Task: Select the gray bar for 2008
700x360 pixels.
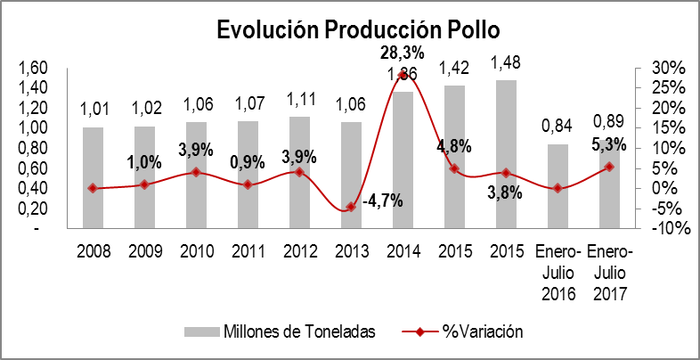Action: point(93,177)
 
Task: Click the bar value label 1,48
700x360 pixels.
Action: point(506,64)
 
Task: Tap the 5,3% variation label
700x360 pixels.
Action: point(608,143)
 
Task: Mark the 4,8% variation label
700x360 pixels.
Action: point(453,146)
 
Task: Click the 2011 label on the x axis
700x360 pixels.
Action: point(248,251)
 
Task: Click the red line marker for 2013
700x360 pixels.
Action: point(351,207)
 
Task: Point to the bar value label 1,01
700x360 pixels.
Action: point(93,110)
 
